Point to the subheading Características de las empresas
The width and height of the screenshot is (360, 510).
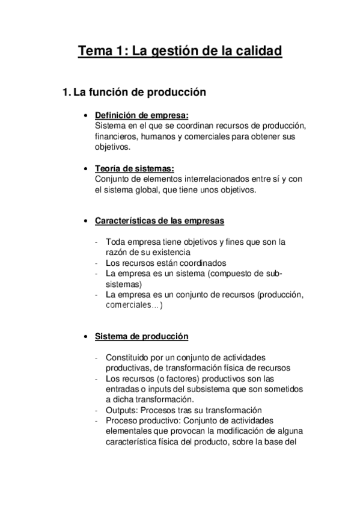point(159,221)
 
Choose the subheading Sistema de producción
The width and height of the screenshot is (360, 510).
point(142,336)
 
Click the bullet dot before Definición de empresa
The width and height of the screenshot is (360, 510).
point(87,115)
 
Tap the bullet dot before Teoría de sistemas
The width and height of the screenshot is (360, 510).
point(87,168)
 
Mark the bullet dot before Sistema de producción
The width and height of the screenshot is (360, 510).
point(87,336)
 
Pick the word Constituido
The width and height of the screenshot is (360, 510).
point(129,357)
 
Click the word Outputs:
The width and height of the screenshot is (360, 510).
point(123,410)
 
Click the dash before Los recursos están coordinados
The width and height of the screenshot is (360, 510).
point(97,263)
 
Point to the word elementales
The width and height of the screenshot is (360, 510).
point(130,431)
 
